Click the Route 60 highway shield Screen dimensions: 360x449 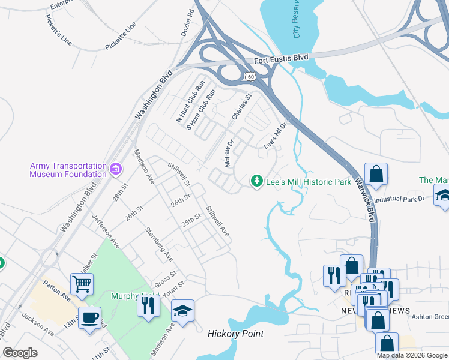(x=250, y=76)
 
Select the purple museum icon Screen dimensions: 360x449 (x=116, y=170)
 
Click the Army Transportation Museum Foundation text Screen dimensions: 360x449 (x=68, y=170)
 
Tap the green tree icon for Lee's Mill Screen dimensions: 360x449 (x=257, y=181)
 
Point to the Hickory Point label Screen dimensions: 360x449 (x=235, y=334)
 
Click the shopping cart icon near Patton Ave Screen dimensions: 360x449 (x=82, y=283)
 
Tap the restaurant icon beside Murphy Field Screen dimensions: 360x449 (x=148, y=305)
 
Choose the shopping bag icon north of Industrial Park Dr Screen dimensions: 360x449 (x=376, y=174)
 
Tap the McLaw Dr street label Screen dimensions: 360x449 (x=229, y=154)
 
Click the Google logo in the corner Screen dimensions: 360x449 (x=20, y=353)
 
